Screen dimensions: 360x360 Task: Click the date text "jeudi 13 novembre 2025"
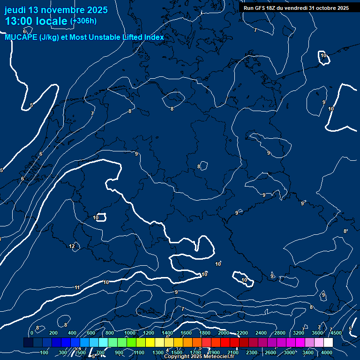(56, 10)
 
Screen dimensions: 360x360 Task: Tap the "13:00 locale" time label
(36, 21)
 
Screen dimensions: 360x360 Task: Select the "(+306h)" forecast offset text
(83, 21)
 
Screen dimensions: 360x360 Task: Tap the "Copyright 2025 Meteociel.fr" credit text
(199, 357)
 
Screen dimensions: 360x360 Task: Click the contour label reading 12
(72, 246)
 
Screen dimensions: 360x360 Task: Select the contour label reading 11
(77, 287)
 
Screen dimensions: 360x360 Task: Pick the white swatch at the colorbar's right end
(328, 343)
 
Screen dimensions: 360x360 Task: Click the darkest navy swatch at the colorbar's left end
(28, 343)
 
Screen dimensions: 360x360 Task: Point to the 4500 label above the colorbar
(336, 333)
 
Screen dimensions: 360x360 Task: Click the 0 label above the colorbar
(31, 333)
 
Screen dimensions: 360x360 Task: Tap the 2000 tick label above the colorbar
(224, 333)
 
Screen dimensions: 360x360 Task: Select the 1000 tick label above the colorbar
(130, 333)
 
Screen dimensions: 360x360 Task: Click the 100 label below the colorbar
(45, 352)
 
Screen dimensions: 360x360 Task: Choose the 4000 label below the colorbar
(327, 352)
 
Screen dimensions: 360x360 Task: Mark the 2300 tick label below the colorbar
(252, 352)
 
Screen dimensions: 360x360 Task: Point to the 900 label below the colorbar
(119, 352)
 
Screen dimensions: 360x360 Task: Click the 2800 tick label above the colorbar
(280, 333)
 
